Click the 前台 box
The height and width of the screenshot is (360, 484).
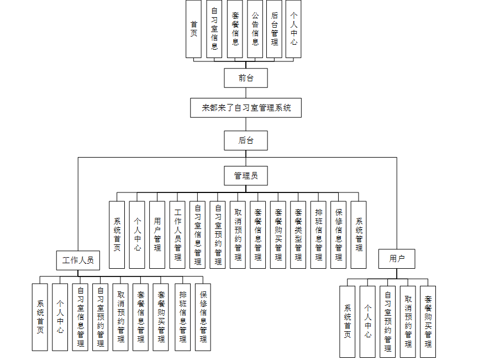[x=246, y=78]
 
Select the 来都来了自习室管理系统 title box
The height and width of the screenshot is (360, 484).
[x=246, y=108]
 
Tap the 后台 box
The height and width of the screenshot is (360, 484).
[x=246, y=140]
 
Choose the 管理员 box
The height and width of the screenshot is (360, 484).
[x=246, y=176]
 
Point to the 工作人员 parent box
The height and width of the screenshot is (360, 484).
[x=78, y=259]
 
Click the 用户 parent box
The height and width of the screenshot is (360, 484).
[x=397, y=259]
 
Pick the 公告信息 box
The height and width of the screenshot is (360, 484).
[x=255, y=29]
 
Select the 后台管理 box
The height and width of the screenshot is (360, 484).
[x=275, y=29]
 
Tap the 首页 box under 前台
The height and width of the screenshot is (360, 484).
[x=194, y=29]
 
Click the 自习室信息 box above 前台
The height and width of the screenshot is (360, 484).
[x=214, y=29]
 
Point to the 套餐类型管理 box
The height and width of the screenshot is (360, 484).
[x=298, y=234]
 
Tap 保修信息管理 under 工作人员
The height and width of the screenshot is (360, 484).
[x=203, y=316]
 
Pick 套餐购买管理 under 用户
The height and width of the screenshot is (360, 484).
[x=428, y=321]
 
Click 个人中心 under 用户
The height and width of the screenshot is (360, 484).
[x=367, y=321]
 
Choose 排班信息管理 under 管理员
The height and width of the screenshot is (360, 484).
[x=318, y=234]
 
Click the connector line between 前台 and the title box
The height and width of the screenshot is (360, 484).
[x=246, y=93]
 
